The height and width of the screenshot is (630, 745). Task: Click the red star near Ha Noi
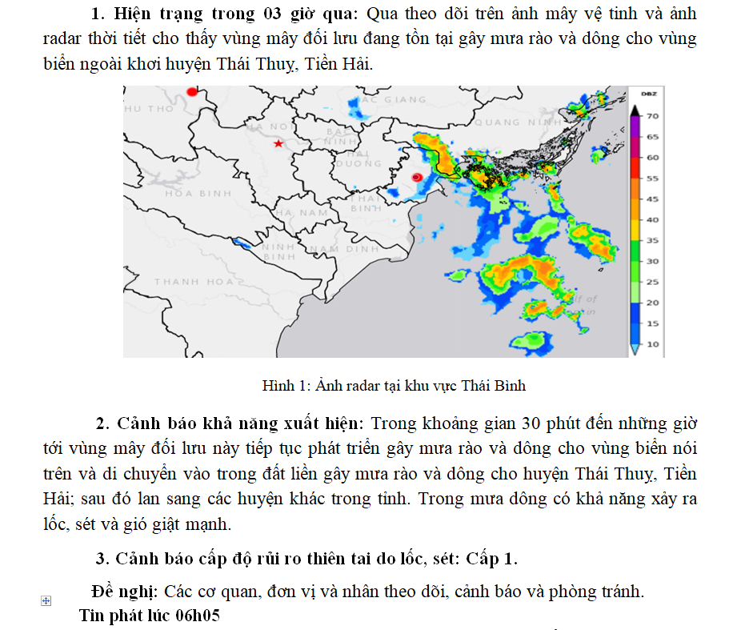(x=278, y=143)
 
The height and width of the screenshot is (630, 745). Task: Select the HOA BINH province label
(x=198, y=193)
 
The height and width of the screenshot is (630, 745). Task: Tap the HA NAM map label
(x=302, y=212)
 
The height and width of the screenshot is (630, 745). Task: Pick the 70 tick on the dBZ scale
(x=652, y=116)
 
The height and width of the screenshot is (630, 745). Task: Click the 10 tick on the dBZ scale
(x=652, y=344)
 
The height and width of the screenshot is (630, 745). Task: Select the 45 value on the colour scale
(x=652, y=199)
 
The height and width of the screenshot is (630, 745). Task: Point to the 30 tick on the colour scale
(x=652, y=261)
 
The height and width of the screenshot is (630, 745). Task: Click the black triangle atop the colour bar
(x=635, y=110)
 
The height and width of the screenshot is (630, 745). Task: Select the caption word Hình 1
(x=281, y=386)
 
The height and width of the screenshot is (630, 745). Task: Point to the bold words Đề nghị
(x=125, y=592)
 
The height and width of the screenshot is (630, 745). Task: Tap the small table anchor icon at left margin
(x=46, y=600)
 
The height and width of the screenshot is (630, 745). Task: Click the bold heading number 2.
(x=102, y=423)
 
